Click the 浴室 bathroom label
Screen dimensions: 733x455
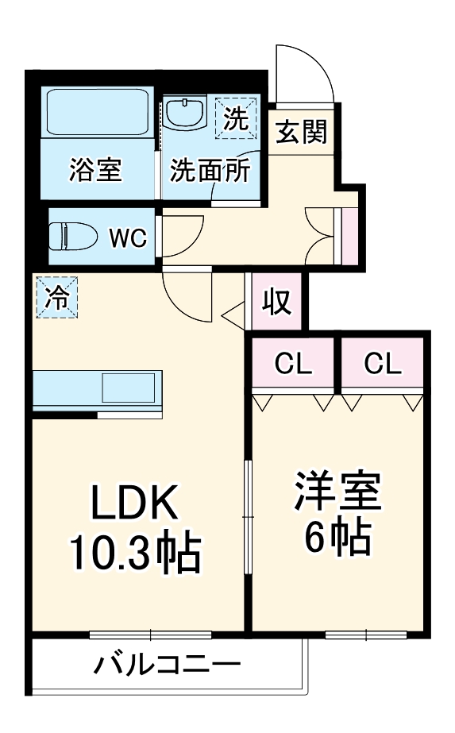pyautogui.click(x=95, y=170)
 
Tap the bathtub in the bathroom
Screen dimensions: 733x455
pyautogui.click(x=98, y=112)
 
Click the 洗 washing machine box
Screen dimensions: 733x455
pyautogui.click(x=236, y=118)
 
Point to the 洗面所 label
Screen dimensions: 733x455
pyautogui.click(x=211, y=170)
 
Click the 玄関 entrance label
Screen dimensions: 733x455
pyautogui.click(x=301, y=131)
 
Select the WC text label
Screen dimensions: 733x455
pyautogui.click(x=127, y=237)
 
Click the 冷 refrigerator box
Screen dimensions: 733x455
pyautogui.click(x=56, y=297)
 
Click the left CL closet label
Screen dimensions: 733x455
pyautogui.click(x=293, y=364)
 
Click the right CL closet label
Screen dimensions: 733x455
pyautogui.click(x=384, y=364)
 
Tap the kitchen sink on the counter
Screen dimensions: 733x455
pyautogui.click(x=128, y=388)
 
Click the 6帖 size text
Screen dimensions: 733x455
pyautogui.click(x=338, y=540)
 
